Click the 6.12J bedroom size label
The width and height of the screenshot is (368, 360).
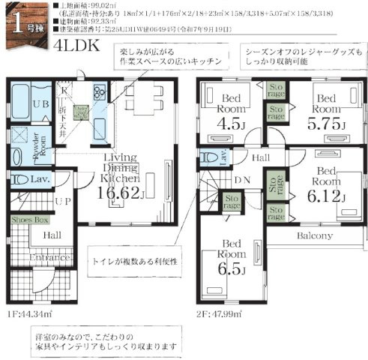pyautogui.click(x=327, y=197)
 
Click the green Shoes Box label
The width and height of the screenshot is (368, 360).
pyautogui.click(x=31, y=220)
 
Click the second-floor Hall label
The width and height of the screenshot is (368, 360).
pyautogui.click(x=259, y=157)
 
